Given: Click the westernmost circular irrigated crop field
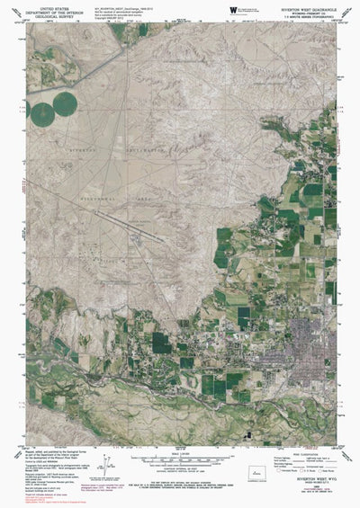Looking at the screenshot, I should pos(41,114).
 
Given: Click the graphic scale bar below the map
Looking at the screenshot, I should pos(179,452).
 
